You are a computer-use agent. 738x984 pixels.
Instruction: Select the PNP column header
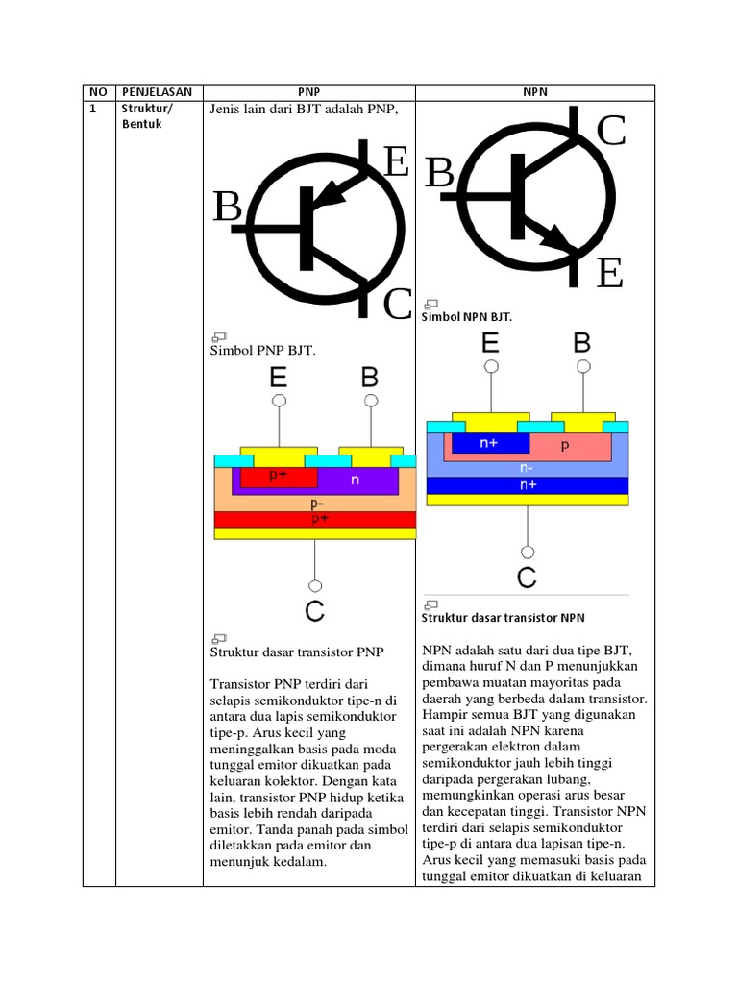[x=308, y=92]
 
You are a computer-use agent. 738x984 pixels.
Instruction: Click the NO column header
[x=98, y=92]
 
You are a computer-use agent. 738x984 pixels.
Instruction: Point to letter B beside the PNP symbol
[x=228, y=207]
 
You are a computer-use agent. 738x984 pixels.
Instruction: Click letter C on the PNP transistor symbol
[x=398, y=305]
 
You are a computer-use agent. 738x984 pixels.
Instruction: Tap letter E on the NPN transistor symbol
[x=609, y=274]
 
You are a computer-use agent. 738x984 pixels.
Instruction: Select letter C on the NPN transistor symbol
[x=611, y=132]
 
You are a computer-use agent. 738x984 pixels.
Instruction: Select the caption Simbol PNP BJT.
[x=262, y=350]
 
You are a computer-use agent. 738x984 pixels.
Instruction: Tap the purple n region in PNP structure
[x=356, y=479]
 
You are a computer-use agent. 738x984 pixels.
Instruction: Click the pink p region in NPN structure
[x=565, y=446]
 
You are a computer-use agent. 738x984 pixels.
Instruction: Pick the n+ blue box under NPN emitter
[x=489, y=444]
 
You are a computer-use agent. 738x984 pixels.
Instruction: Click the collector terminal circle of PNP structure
[x=314, y=584]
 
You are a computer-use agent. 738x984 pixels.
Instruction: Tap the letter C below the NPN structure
[x=527, y=578]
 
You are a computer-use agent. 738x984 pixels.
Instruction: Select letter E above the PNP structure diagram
[x=278, y=376]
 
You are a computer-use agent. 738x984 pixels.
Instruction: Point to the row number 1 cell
[x=94, y=109]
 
